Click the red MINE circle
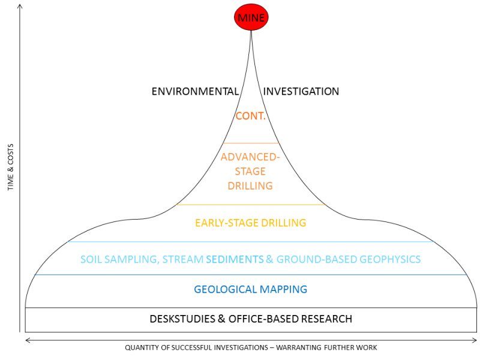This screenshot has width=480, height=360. click(x=251, y=18)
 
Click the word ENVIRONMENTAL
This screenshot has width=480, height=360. click(x=195, y=92)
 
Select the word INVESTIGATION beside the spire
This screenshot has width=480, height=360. click(x=301, y=92)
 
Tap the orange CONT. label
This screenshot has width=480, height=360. click(x=251, y=116)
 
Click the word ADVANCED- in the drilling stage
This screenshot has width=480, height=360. click(x=250, y=157)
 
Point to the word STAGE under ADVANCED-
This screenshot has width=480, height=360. click(x=250, y=172)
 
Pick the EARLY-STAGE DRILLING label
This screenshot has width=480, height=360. click(x=250, y=223)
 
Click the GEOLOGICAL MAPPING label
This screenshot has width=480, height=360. click(x=250, y=290)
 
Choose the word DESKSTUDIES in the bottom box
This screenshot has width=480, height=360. click(x=178, y=319)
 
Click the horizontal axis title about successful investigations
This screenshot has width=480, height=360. click(x=251, y=348)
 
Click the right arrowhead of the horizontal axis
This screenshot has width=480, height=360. click(x=475, y=340)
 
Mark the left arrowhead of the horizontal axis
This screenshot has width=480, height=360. click(x=28, y=340)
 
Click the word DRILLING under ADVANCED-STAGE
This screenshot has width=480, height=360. click(x=250, y=186)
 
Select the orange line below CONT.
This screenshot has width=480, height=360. click(x=251, y=143)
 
